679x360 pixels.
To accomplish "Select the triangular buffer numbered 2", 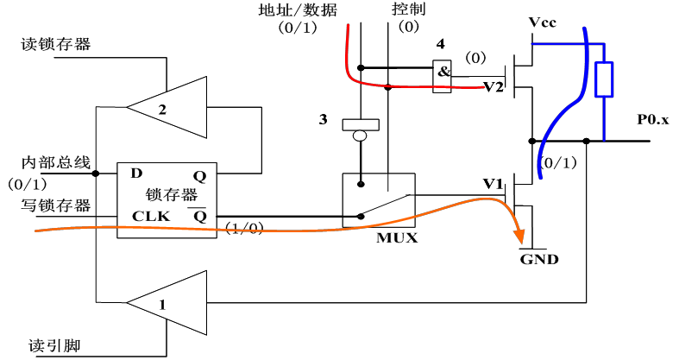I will click(x=173, y=107).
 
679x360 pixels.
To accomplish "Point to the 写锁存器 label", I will click(x=55, y=205).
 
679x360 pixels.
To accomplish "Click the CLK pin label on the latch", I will click(x=144, y=216).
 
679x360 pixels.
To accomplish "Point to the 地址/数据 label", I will click(x=298, y=10).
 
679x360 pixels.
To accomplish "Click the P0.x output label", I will click(x=653, y=120).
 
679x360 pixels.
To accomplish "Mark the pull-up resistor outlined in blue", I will click(x=605, y=79).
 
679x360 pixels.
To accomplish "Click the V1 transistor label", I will click(x=493, y=184).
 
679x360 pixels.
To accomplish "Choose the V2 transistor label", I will click(x=493, y=86).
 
